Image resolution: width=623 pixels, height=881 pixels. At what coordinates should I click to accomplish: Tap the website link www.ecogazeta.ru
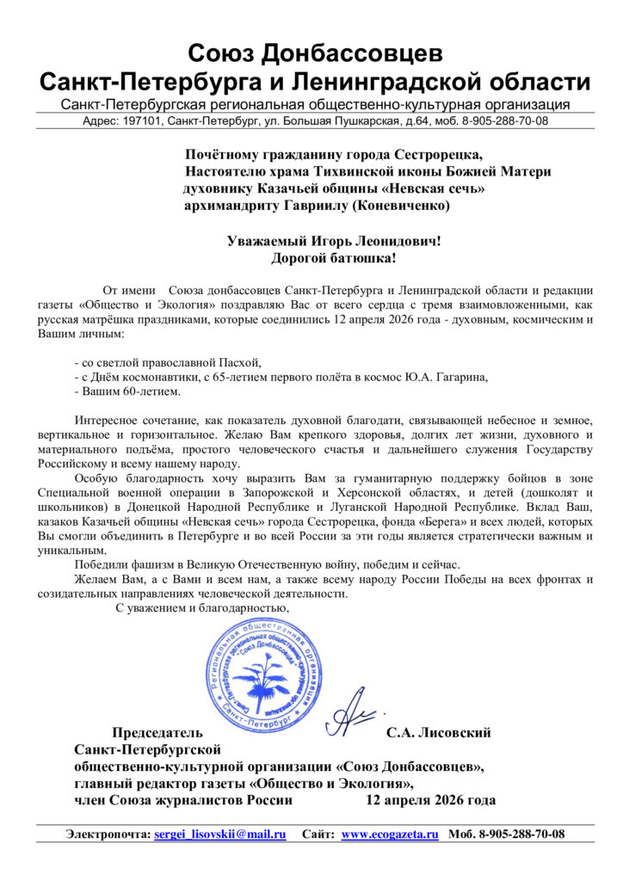click(x=390, y=835)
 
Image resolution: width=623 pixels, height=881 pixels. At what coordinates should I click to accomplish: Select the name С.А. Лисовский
click(x=439, y=733)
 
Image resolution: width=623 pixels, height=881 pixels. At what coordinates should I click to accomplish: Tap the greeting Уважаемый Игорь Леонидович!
click(x=334, y=241)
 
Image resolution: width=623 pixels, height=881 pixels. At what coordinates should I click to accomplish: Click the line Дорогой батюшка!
click(x=334, y=257)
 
